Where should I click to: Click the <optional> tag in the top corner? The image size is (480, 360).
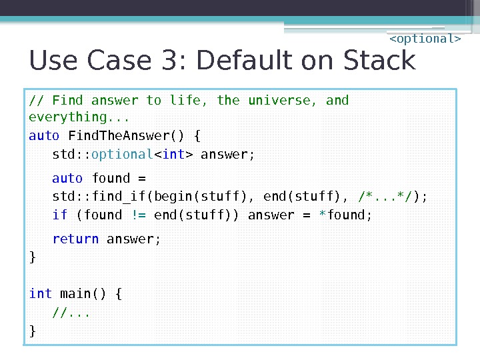(425, 39)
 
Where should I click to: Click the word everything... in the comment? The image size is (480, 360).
(69, 117)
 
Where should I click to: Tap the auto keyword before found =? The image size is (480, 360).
(67, 179)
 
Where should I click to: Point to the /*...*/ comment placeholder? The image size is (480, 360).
(385, 197)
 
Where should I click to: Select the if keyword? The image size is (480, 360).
(60, 215)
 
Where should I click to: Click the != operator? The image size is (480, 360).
(139, 215)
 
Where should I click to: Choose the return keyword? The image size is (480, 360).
(75, 239)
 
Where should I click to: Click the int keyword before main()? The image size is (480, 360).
(41, 294)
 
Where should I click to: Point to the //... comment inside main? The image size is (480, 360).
(71, 312)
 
